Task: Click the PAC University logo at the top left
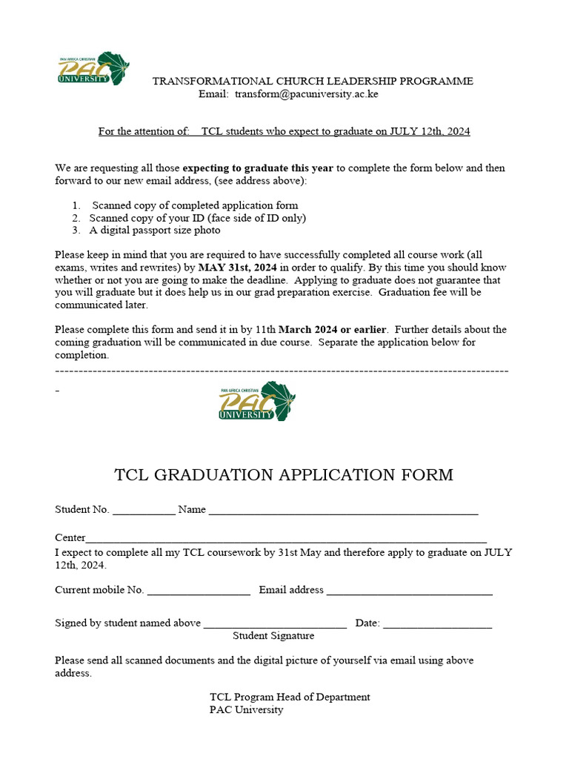[x=93, y=68]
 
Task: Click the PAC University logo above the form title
[x=256, y=402]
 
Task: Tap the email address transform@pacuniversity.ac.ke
[x=307, y=94]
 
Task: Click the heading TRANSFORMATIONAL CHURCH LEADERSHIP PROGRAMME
[x=313, y=81]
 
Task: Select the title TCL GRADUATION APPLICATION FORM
[x=284, y=475]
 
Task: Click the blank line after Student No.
[x=144, y=511]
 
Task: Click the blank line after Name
[x=343, y=511]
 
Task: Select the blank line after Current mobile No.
[x=199, y=591]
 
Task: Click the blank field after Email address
[x=409, y=591]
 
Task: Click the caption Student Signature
[x=273, y=636]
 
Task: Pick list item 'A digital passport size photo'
[x=155, y=231]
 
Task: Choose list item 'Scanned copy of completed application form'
[x=195, y=205]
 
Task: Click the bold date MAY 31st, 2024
[x=238, y=268]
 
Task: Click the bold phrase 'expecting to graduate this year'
[x=258, y=168]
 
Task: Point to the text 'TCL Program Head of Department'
[x=290, y=697]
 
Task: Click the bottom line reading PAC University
[x=246, y=710]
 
